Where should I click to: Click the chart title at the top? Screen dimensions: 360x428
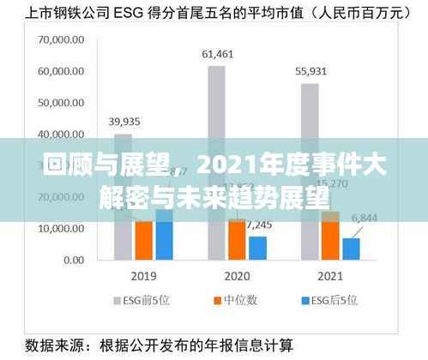point(214,13)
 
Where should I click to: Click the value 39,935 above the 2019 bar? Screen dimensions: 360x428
point(124,122)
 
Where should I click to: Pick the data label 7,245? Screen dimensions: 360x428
point(259,225)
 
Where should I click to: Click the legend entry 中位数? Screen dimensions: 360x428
point(230,302)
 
